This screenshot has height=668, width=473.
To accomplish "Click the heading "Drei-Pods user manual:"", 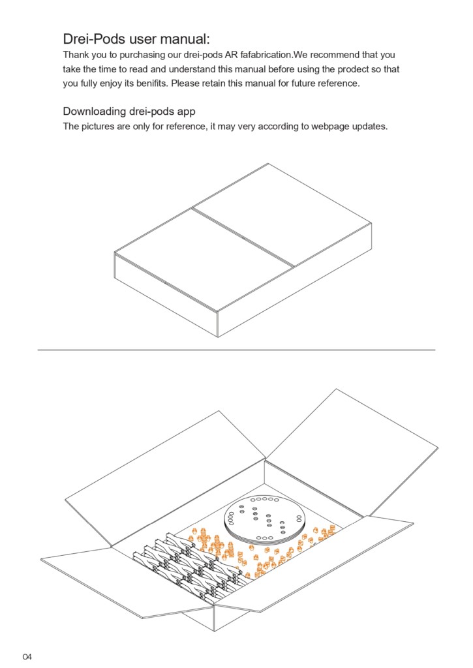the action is pos(136,38).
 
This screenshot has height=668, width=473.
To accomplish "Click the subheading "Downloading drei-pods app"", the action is pos(129,111).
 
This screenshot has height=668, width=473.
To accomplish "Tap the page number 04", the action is pos(27,656).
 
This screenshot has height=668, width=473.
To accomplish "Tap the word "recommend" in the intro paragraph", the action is pos(336,55).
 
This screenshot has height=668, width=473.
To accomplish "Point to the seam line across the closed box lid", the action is pos(243,237).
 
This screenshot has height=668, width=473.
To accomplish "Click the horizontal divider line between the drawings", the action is pos(236,350).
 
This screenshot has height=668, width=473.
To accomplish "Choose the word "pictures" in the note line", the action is pos(99,127).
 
